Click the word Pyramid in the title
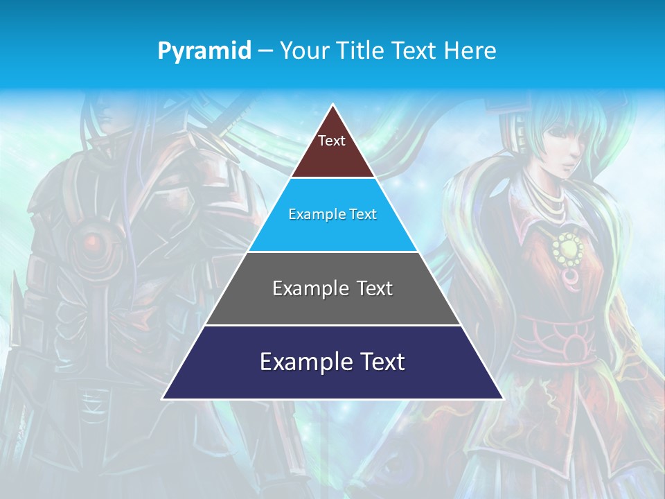[x=204, y=51]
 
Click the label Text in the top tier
[x=332, y=141]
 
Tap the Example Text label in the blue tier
[x=332, y=214]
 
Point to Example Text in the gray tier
[x=332, y=288]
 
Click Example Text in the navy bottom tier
[x=332, y=362]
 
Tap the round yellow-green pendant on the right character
[x=567, y=247]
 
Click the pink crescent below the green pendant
[x=571, y=279]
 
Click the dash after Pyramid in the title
[x=265, y=51]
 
